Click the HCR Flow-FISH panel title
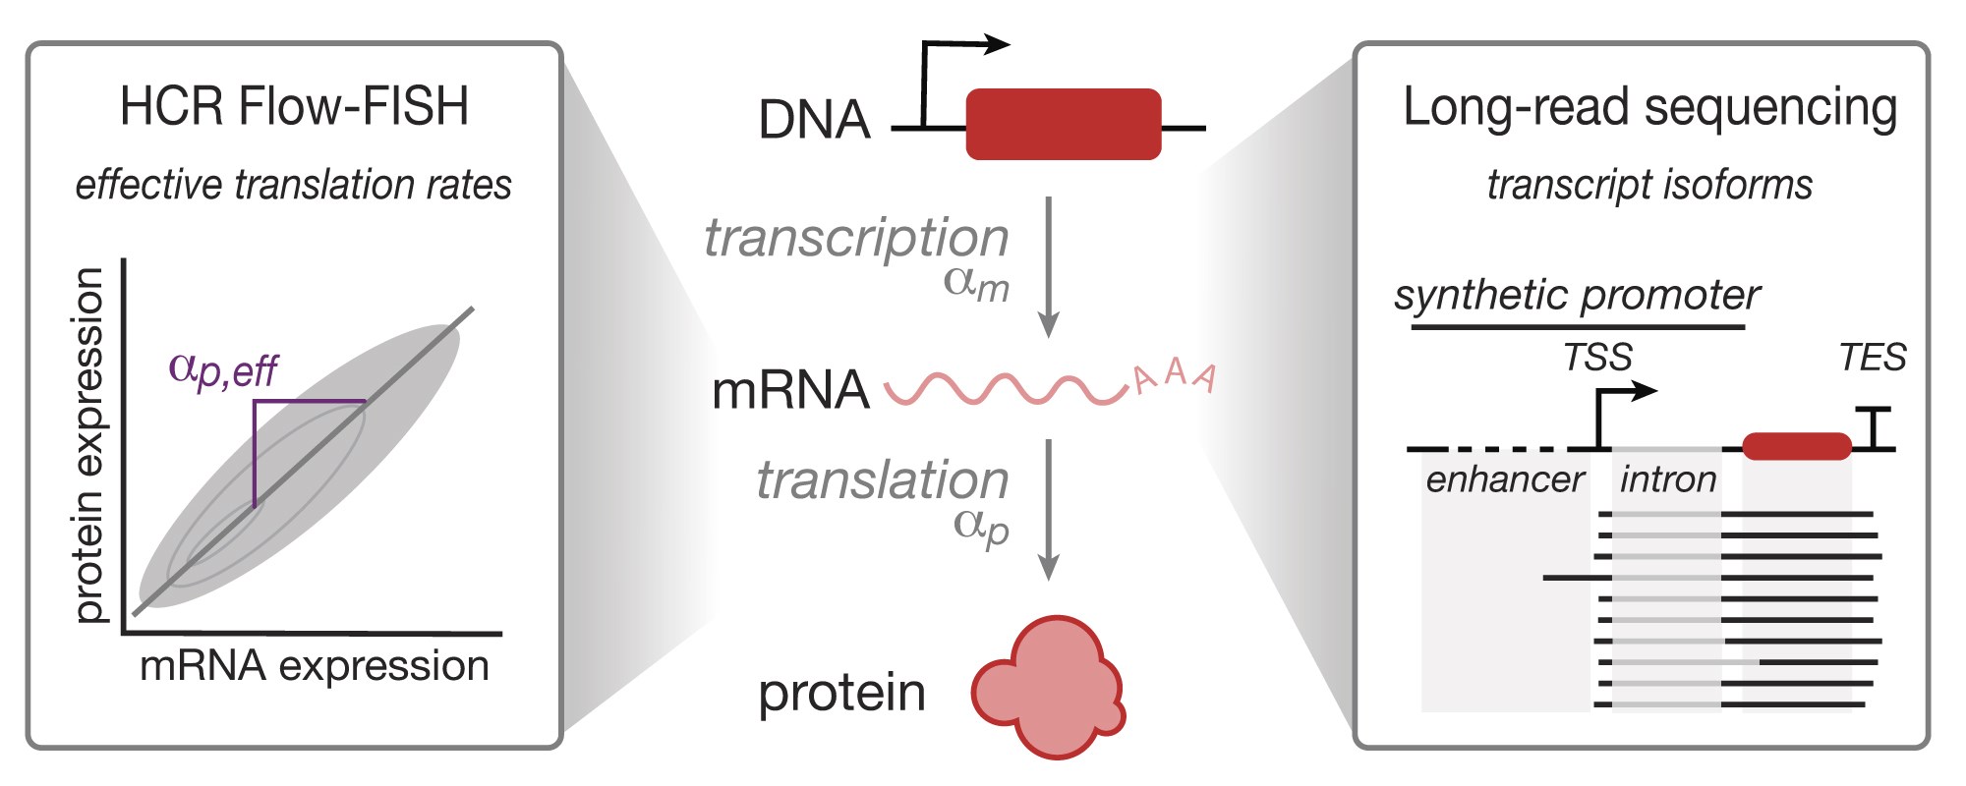294,106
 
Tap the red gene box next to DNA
1064,124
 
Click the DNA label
814,120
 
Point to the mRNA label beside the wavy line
790,390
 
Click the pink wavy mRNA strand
1005,389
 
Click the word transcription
856,238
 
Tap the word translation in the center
882,480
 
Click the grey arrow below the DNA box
1049,265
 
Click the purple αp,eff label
223,370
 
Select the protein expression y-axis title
88,444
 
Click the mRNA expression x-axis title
314,666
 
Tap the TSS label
1597,357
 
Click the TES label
1872,357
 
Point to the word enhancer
1504,479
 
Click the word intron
1667,479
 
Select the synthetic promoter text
1577,295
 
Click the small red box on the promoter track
1797,446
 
